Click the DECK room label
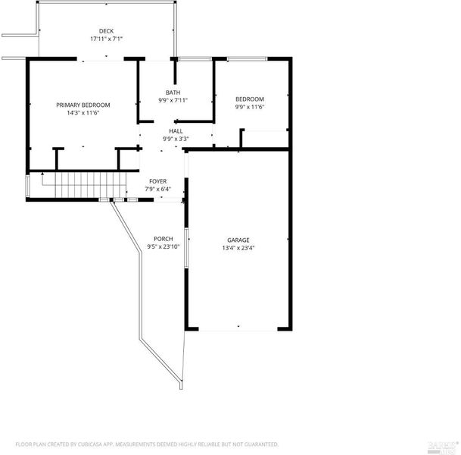pos(106,31)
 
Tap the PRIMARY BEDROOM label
pos(83,105)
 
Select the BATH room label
pos(173,93)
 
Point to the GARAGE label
pos(238,240)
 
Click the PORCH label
pos(164,239)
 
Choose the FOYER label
pos(158,181)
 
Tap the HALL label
pos(176,131)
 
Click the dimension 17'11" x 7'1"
pos(106,39)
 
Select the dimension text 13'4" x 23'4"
pos(238,248)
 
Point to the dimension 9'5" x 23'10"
pos(164,246)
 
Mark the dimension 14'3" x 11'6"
pos(83,113)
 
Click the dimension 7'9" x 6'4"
pos(158,189)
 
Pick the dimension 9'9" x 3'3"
pos(176,139)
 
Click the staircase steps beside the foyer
pos(91,185)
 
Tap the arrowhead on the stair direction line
pos(42,174)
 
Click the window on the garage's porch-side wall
pos(186,248)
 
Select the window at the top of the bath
pos(195,59)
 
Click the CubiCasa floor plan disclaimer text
pos(147,444)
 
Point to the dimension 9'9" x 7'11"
pos(173,100)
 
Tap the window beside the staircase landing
pos(28,186)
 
